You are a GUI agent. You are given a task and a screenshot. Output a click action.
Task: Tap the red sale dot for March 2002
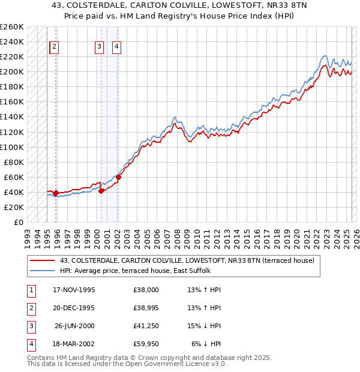tap(118, 177)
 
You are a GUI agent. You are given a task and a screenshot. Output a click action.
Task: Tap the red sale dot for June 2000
tap(101, 191)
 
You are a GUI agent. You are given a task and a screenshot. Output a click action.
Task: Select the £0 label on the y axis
tap(18, 222)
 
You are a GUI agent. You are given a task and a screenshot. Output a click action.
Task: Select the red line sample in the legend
tap(42, 261)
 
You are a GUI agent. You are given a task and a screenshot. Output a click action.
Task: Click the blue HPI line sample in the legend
tap(42, 271)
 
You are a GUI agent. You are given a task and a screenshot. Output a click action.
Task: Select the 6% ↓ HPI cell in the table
tap(206, 344)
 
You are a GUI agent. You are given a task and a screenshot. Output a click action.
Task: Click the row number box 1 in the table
tap(30, 290)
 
